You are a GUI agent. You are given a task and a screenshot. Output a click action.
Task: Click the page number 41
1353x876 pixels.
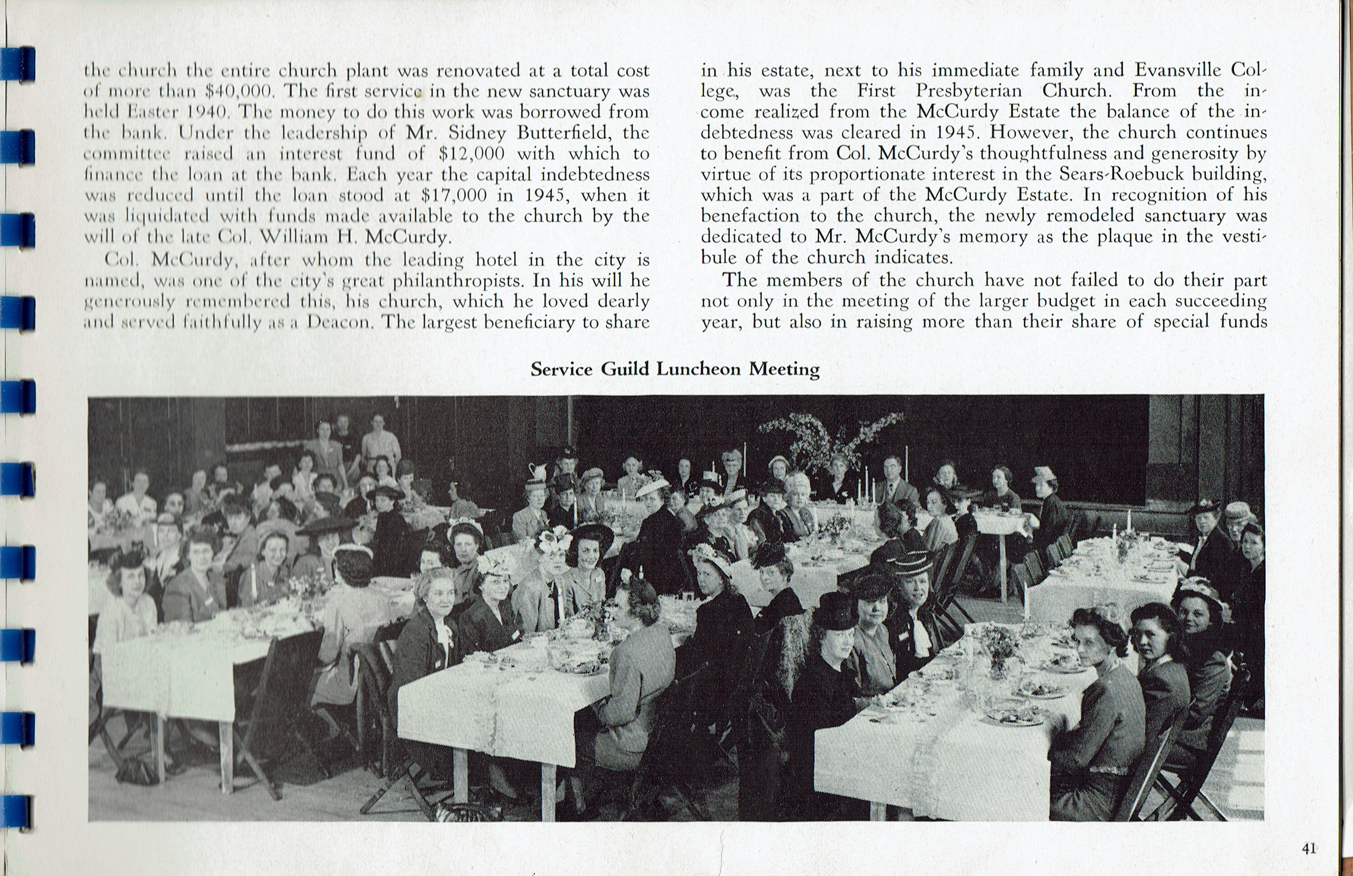point(1309,849)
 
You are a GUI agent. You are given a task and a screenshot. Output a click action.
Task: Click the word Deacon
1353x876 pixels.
point(340,322)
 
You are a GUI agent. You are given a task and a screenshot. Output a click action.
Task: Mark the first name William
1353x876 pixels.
point(295,237)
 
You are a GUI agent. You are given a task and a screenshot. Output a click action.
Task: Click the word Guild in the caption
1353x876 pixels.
point(625,370)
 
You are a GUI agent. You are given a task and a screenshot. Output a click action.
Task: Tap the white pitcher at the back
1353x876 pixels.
point(537,472)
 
